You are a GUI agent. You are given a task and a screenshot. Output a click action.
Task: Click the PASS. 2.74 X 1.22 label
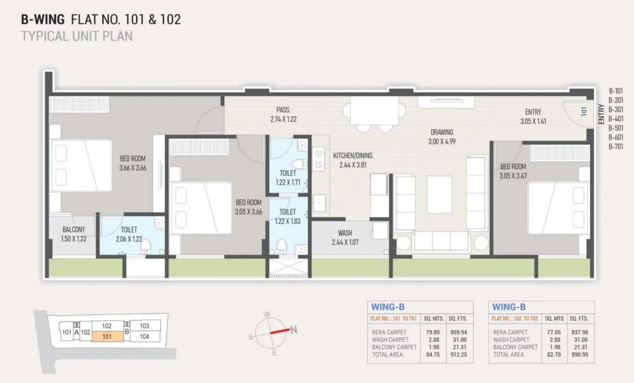point(283,115)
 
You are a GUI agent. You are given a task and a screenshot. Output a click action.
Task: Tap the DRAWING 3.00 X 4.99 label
point(441,137)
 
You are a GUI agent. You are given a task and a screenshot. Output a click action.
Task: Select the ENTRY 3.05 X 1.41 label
point(533,117)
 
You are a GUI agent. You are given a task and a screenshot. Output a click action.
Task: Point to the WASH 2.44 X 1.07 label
point(345,238)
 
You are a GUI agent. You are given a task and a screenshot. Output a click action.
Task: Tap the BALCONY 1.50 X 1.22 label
point(73,234)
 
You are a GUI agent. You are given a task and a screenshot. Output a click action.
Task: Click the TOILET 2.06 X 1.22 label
point(128,234)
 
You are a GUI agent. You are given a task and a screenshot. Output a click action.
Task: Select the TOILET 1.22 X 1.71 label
point(287,177)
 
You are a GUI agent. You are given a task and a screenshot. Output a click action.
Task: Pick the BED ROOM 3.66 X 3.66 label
point(132,163)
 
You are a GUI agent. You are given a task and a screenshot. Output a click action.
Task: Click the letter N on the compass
point(294,330)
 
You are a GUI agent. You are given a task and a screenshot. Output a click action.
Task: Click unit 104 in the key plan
point(144,336)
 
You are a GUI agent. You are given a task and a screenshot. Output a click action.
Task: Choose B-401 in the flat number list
point(615,119)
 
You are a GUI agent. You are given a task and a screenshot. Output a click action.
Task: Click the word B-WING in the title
point(43,19)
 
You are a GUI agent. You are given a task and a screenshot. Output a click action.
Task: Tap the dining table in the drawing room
point(374,109)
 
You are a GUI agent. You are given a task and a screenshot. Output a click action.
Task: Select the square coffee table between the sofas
point(440,194)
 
